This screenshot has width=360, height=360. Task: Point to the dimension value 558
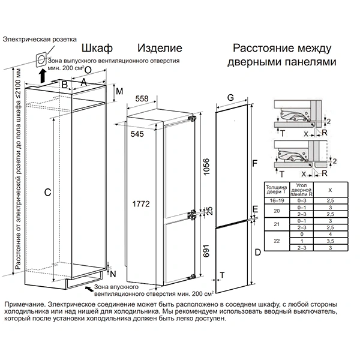pos(142,98)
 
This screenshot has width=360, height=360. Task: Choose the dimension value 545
pos(137,134)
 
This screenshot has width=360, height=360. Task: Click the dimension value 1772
pos(140,203)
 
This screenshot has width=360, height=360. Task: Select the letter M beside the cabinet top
pos(119,91)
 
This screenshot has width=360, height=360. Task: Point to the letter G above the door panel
pos(230,97)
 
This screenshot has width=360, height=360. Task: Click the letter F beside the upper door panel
pos(254,163)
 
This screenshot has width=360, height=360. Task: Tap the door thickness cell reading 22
pos(275,240)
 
